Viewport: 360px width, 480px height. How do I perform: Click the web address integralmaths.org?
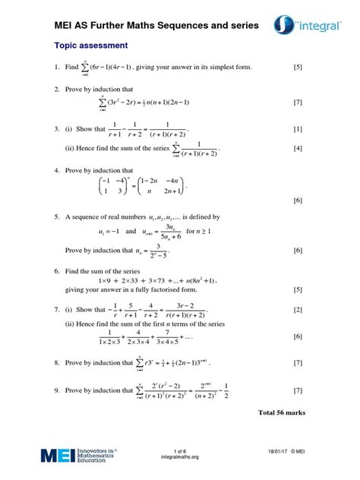coord(180,457)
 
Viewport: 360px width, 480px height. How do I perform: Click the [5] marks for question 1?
coord(298,68)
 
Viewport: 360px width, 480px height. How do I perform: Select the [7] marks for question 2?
coord(298,102)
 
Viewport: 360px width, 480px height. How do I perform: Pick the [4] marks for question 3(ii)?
coord(298,148)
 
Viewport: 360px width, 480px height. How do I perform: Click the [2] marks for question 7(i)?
coord(298,310)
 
